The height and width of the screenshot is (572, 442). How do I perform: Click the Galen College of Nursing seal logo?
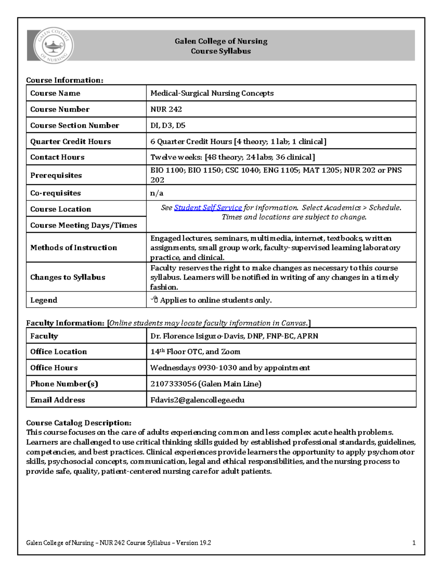pos(54,46)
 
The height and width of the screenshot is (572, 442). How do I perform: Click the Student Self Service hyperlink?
pos(208,208)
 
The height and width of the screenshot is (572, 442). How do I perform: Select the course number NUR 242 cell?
pos(166,109)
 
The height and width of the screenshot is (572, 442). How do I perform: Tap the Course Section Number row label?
pos(74,126)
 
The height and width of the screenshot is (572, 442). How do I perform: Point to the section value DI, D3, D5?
pos(168,126)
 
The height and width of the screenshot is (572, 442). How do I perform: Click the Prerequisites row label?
pos(56,175)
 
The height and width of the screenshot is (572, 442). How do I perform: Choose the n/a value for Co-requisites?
pos(157,193)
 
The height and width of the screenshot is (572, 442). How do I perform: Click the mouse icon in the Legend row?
pos(154,300)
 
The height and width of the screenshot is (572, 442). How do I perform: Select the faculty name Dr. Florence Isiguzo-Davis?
pos(234,336)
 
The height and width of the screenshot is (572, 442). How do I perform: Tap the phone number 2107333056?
pos(173,384)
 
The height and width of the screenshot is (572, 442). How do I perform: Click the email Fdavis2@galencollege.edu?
pos(197,400)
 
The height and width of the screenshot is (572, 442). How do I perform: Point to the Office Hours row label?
pos(54,368)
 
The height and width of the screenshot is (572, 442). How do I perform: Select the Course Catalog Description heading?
pos(78,423)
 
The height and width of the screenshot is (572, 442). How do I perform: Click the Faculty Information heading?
pos(66,323)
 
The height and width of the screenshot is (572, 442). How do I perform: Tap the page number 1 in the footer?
pos(414,543)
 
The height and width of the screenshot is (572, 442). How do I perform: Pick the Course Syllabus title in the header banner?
pos(221,51)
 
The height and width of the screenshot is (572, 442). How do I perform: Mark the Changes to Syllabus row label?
pos(68,277)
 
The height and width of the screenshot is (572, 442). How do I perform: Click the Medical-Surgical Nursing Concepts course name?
pos(212,93)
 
